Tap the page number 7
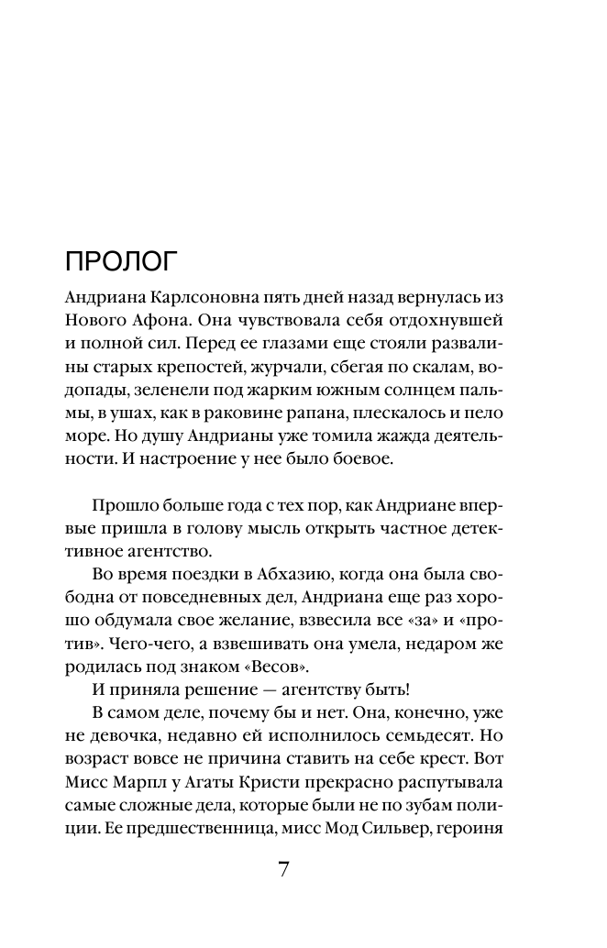coord(284,869)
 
